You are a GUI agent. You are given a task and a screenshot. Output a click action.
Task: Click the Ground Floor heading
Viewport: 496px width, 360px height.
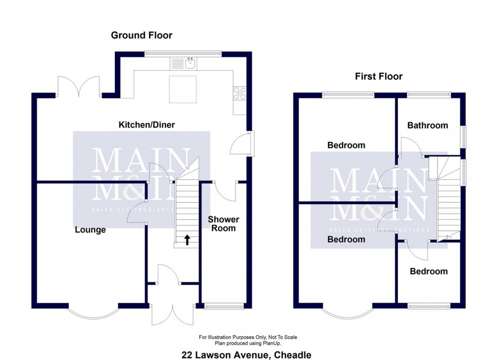point(141,35)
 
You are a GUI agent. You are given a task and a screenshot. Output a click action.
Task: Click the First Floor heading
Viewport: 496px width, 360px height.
point(379,76)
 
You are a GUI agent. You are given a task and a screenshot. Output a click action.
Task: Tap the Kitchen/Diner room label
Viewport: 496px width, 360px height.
point(146,125)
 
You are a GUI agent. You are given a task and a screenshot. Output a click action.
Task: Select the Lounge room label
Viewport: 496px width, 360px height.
point(90,230)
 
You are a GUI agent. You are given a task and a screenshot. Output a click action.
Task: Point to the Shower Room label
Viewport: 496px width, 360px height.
point(223,224)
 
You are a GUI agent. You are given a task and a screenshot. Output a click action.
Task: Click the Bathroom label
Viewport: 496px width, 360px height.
point(427,125)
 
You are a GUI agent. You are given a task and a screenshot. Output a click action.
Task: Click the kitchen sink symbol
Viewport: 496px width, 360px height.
point(183,64)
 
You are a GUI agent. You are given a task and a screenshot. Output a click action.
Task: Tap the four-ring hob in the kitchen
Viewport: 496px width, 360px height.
point(239,93)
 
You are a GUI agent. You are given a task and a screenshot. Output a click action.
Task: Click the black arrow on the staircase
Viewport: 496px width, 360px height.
point(187,240)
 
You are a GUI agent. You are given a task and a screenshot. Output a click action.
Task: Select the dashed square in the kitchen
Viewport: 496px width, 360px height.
point(183,89)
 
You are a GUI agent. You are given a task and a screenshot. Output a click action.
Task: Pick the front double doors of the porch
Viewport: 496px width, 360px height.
point(173,314)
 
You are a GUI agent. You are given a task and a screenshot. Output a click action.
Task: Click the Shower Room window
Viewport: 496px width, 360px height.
point(224,306)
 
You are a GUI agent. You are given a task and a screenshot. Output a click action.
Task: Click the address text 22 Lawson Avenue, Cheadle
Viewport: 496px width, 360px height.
point(246,355)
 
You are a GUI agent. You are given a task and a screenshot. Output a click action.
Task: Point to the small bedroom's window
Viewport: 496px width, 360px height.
point(429,306)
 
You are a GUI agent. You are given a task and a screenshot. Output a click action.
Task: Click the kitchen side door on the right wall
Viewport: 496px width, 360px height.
point(242,144)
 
